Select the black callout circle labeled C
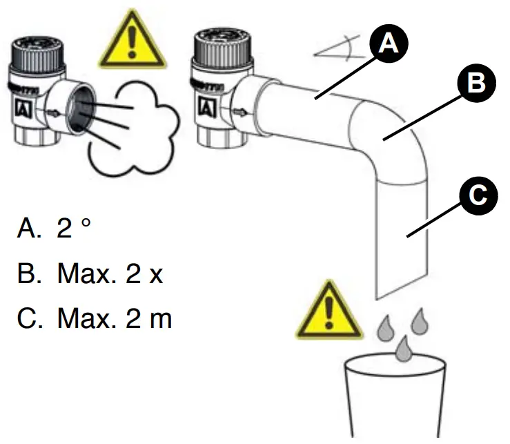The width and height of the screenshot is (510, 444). click(x=476, y=196)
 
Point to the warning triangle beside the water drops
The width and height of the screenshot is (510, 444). click(x=328, y=313)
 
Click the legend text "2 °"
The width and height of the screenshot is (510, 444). click(x=75, y=229)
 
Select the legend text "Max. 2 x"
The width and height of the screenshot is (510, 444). click(x=110, y=274)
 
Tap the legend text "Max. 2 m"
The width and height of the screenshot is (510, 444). click(x=115, y=320)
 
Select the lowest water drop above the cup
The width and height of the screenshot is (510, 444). click(x=404, y=349)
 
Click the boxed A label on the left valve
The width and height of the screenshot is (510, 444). click(x=22, y=108)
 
